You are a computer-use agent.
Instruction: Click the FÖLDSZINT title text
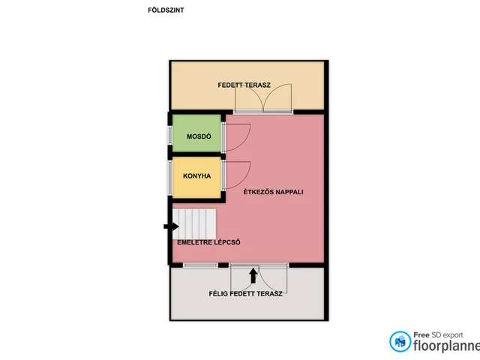166,10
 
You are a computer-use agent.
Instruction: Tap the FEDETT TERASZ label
244,85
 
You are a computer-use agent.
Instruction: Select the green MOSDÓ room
196,133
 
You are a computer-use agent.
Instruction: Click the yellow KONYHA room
196,178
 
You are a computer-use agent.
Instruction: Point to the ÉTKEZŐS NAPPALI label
273,192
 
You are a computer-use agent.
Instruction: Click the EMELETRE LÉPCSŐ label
208,242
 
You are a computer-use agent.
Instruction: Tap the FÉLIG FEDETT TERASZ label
245,293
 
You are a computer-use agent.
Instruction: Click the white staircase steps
194,223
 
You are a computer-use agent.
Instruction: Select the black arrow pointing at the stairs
171,226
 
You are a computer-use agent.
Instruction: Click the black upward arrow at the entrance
253,275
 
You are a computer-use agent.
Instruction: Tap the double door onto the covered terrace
263,98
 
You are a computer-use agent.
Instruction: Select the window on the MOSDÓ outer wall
170,135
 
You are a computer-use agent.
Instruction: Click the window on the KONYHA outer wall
170,178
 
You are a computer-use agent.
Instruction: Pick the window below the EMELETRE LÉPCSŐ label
200,265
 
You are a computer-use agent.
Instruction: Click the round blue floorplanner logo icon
400,341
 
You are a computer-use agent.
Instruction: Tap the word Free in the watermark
421,335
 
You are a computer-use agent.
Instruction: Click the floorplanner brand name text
447,346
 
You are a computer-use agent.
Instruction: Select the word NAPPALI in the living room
289,192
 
